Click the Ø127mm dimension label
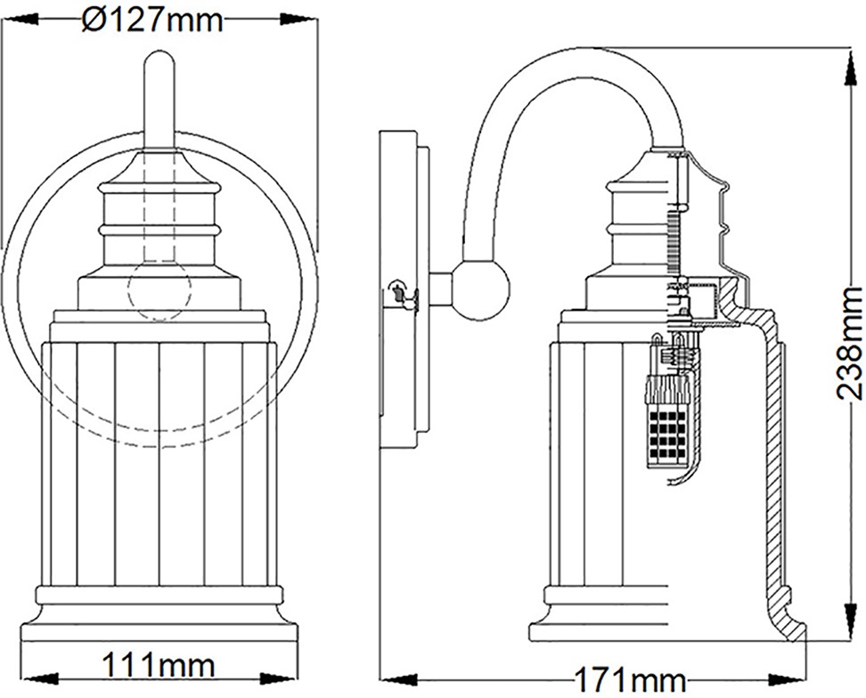[x=152, y=21]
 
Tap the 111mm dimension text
[x=159, y=666]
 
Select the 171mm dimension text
[x=630, y=680]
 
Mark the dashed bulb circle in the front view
[x=159, y=288]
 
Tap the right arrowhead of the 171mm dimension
[x=788, y=678]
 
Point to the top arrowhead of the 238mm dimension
[x=848, y=66]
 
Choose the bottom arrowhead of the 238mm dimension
[x=848, y=621]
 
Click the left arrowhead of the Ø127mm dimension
[x=21, y=20]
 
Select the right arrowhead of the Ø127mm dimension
[x=298, y=20]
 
